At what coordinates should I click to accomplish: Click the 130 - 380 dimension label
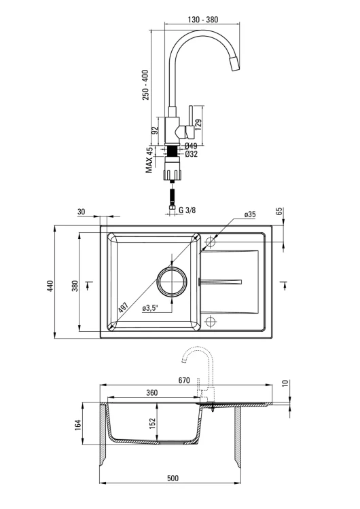coord(202,20)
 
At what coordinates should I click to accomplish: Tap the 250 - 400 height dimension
coord(145,85)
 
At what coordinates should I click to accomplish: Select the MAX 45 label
coord(149,160)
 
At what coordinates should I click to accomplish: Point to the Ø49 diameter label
coord(191,146)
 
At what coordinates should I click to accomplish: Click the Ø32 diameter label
coord(191,153)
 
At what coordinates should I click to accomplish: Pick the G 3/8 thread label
coord(187,210)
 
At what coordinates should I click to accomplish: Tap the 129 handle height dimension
coord(198,125)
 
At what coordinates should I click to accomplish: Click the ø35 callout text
coord(250,214)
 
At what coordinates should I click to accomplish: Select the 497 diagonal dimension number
coord(124,307)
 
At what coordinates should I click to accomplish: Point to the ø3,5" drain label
coord(150,308)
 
